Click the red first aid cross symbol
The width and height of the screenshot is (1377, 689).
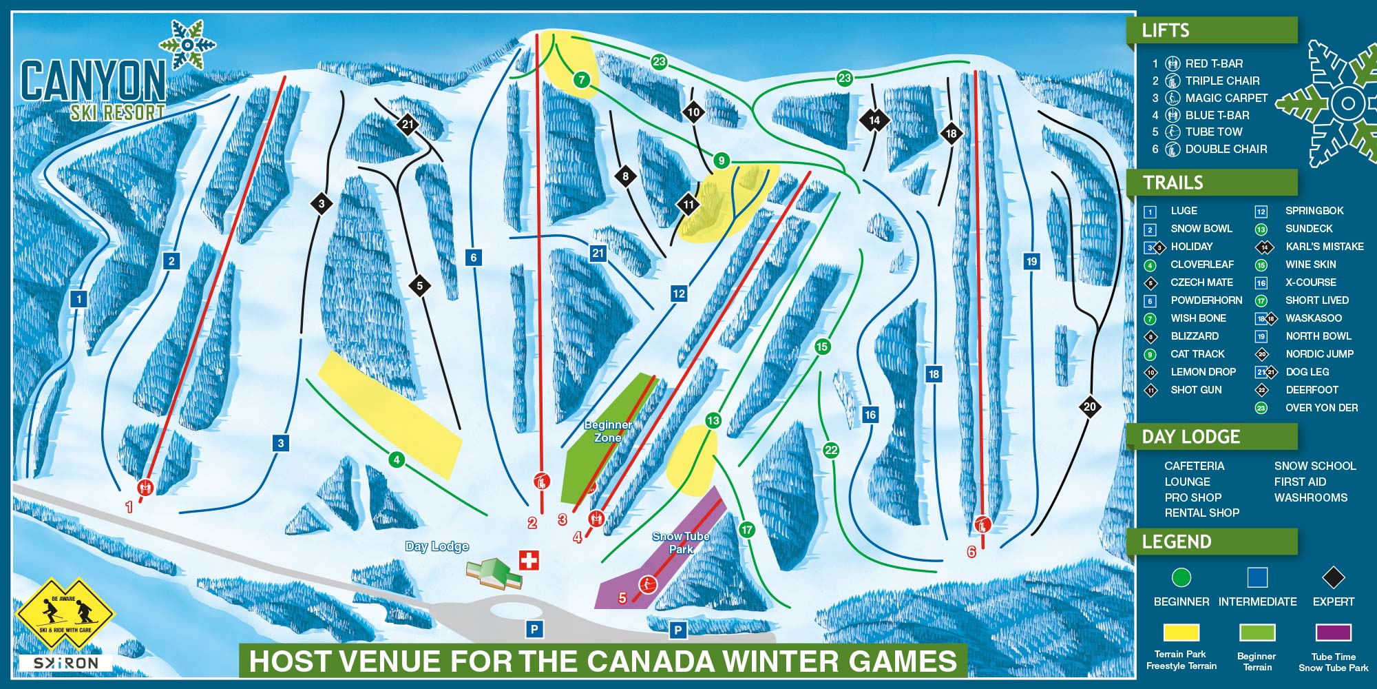[x=529, y=560]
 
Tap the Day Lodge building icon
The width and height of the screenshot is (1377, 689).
[x=494, y=573]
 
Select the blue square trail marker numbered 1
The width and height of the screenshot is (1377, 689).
[x=79, y=298]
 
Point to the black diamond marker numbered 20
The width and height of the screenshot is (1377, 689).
[x=1089, y=407]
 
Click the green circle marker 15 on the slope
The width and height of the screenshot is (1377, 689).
[x=821, y=347]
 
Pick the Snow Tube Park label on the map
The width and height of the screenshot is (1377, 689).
[x=680, y=543]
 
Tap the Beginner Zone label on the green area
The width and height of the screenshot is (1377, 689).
[x=607, y=431]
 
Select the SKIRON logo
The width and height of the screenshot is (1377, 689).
[x=65, y=663]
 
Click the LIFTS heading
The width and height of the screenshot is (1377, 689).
[x=1165, y=30]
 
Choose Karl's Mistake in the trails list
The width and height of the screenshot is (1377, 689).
[x=1324, y=247]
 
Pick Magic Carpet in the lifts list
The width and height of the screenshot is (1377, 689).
[x=1226, y=98]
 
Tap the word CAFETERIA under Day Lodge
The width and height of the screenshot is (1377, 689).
[x=1194, y=466]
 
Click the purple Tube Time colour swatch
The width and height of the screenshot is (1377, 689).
[x=1333, y=632]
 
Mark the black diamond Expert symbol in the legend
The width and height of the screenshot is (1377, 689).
[x=1333, y=577]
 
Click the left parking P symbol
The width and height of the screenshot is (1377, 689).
[x=534, y=628]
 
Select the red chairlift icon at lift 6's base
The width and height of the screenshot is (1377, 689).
[x=982, y=524]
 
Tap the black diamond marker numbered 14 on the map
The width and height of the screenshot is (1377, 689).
[x=874, y=120]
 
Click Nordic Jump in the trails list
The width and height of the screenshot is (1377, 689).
[x=1319, y=354]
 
